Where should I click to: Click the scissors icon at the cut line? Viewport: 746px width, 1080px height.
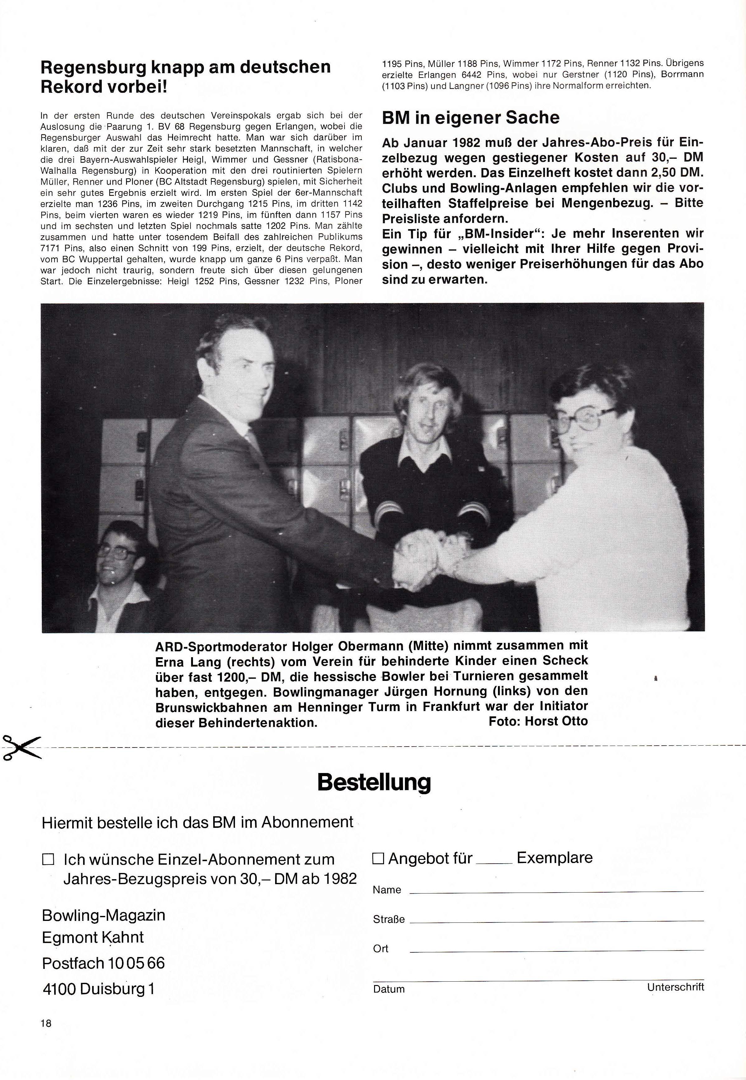(21, 748)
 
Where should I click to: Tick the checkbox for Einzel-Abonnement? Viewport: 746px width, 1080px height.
(48, 859)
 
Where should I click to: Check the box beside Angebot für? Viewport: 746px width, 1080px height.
(378, 858)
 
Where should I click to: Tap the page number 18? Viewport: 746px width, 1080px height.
(46, 1023)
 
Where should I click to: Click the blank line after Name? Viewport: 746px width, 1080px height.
(556, 891)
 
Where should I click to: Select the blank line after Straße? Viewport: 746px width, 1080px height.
(556, 920)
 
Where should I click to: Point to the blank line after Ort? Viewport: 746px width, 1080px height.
(556, 950)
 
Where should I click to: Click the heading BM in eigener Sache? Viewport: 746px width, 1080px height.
(470, 117)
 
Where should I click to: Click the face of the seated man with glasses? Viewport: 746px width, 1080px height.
(115, 559)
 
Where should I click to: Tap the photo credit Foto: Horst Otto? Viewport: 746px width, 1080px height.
(538, 721)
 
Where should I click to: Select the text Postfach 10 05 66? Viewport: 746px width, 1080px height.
(103, 963)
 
